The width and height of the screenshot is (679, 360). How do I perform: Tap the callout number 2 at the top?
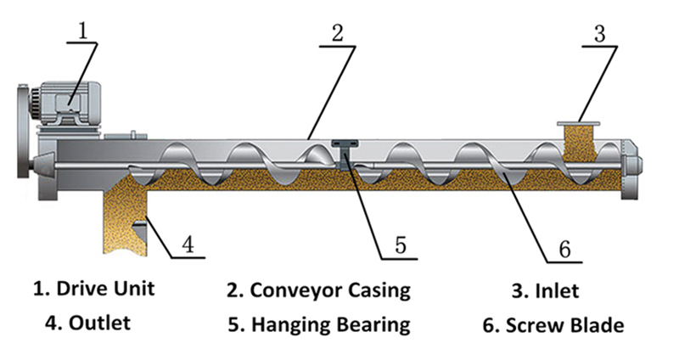(337, 34)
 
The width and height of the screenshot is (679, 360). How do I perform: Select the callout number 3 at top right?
(598, 35)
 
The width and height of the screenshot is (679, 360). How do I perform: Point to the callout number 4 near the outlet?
(188, 245)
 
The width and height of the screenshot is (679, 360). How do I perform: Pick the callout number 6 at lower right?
(564, 249)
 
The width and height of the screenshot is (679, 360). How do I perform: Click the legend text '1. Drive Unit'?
(93, 288)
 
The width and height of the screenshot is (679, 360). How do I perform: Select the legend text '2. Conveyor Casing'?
(318, 290)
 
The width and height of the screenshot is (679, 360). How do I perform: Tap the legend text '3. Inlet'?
(545, 290)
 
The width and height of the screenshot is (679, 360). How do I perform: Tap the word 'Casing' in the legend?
(374, 290)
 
